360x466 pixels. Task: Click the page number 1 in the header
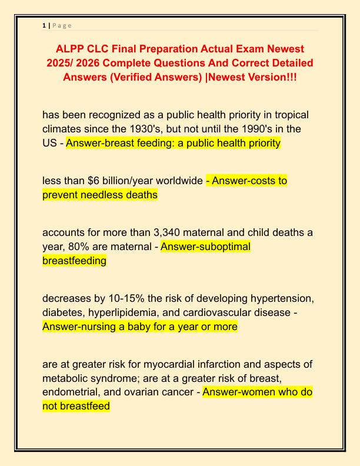[44, 25]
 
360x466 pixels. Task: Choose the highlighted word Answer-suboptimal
[205, 247]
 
